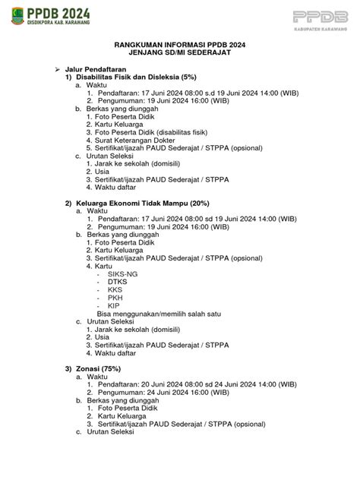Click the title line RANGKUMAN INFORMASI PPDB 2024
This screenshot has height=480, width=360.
180,45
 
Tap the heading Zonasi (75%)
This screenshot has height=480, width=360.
101,368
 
